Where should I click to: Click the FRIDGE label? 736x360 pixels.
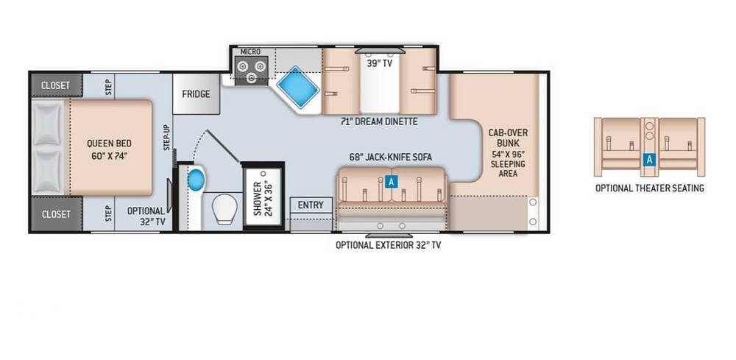197,94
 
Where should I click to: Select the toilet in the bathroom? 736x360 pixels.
224,209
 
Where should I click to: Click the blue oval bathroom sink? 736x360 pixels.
197,180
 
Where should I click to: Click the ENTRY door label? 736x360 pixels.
311,205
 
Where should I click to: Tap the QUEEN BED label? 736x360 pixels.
110,149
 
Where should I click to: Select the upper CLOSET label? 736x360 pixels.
55,85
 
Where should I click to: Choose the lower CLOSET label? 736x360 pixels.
55,214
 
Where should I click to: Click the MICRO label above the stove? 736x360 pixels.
250,51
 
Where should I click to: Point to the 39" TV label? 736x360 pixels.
379,64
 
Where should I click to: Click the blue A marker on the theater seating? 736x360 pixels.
649,160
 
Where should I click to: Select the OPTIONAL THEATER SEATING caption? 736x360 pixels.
650,188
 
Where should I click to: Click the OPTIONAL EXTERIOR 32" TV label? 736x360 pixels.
388,245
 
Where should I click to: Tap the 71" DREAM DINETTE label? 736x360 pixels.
379,121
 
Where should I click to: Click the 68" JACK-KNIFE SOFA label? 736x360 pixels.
391,158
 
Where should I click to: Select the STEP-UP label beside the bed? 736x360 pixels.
166,138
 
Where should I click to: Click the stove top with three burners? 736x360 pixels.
252,71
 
